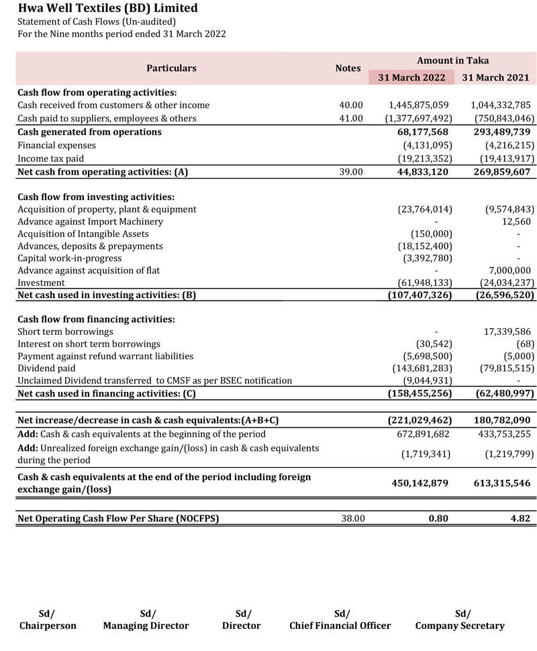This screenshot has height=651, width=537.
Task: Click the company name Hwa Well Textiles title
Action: (x=108, y=9)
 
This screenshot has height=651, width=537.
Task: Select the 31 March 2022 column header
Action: (x=411, y=77)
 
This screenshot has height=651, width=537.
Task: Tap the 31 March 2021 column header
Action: (x=496, y=77)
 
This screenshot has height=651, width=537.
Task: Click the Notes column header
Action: (x=348, y=68)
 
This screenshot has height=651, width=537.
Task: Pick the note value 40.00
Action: (x=351, y=105)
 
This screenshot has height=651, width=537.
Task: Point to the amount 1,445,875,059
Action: (x=419, y=105)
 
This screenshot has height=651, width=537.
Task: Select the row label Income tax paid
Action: (x=51, y=158)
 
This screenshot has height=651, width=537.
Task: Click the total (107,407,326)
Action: (x=420, y=295)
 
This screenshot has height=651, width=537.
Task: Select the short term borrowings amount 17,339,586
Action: (x=507, y=332)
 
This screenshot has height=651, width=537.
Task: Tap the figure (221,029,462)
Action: (x=420, y=420)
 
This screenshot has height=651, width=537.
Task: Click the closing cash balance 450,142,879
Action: (x=420, y=483)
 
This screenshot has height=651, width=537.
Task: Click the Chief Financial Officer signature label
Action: (x=340, y=626)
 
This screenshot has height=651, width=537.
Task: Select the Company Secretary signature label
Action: (x=460, y=626)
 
